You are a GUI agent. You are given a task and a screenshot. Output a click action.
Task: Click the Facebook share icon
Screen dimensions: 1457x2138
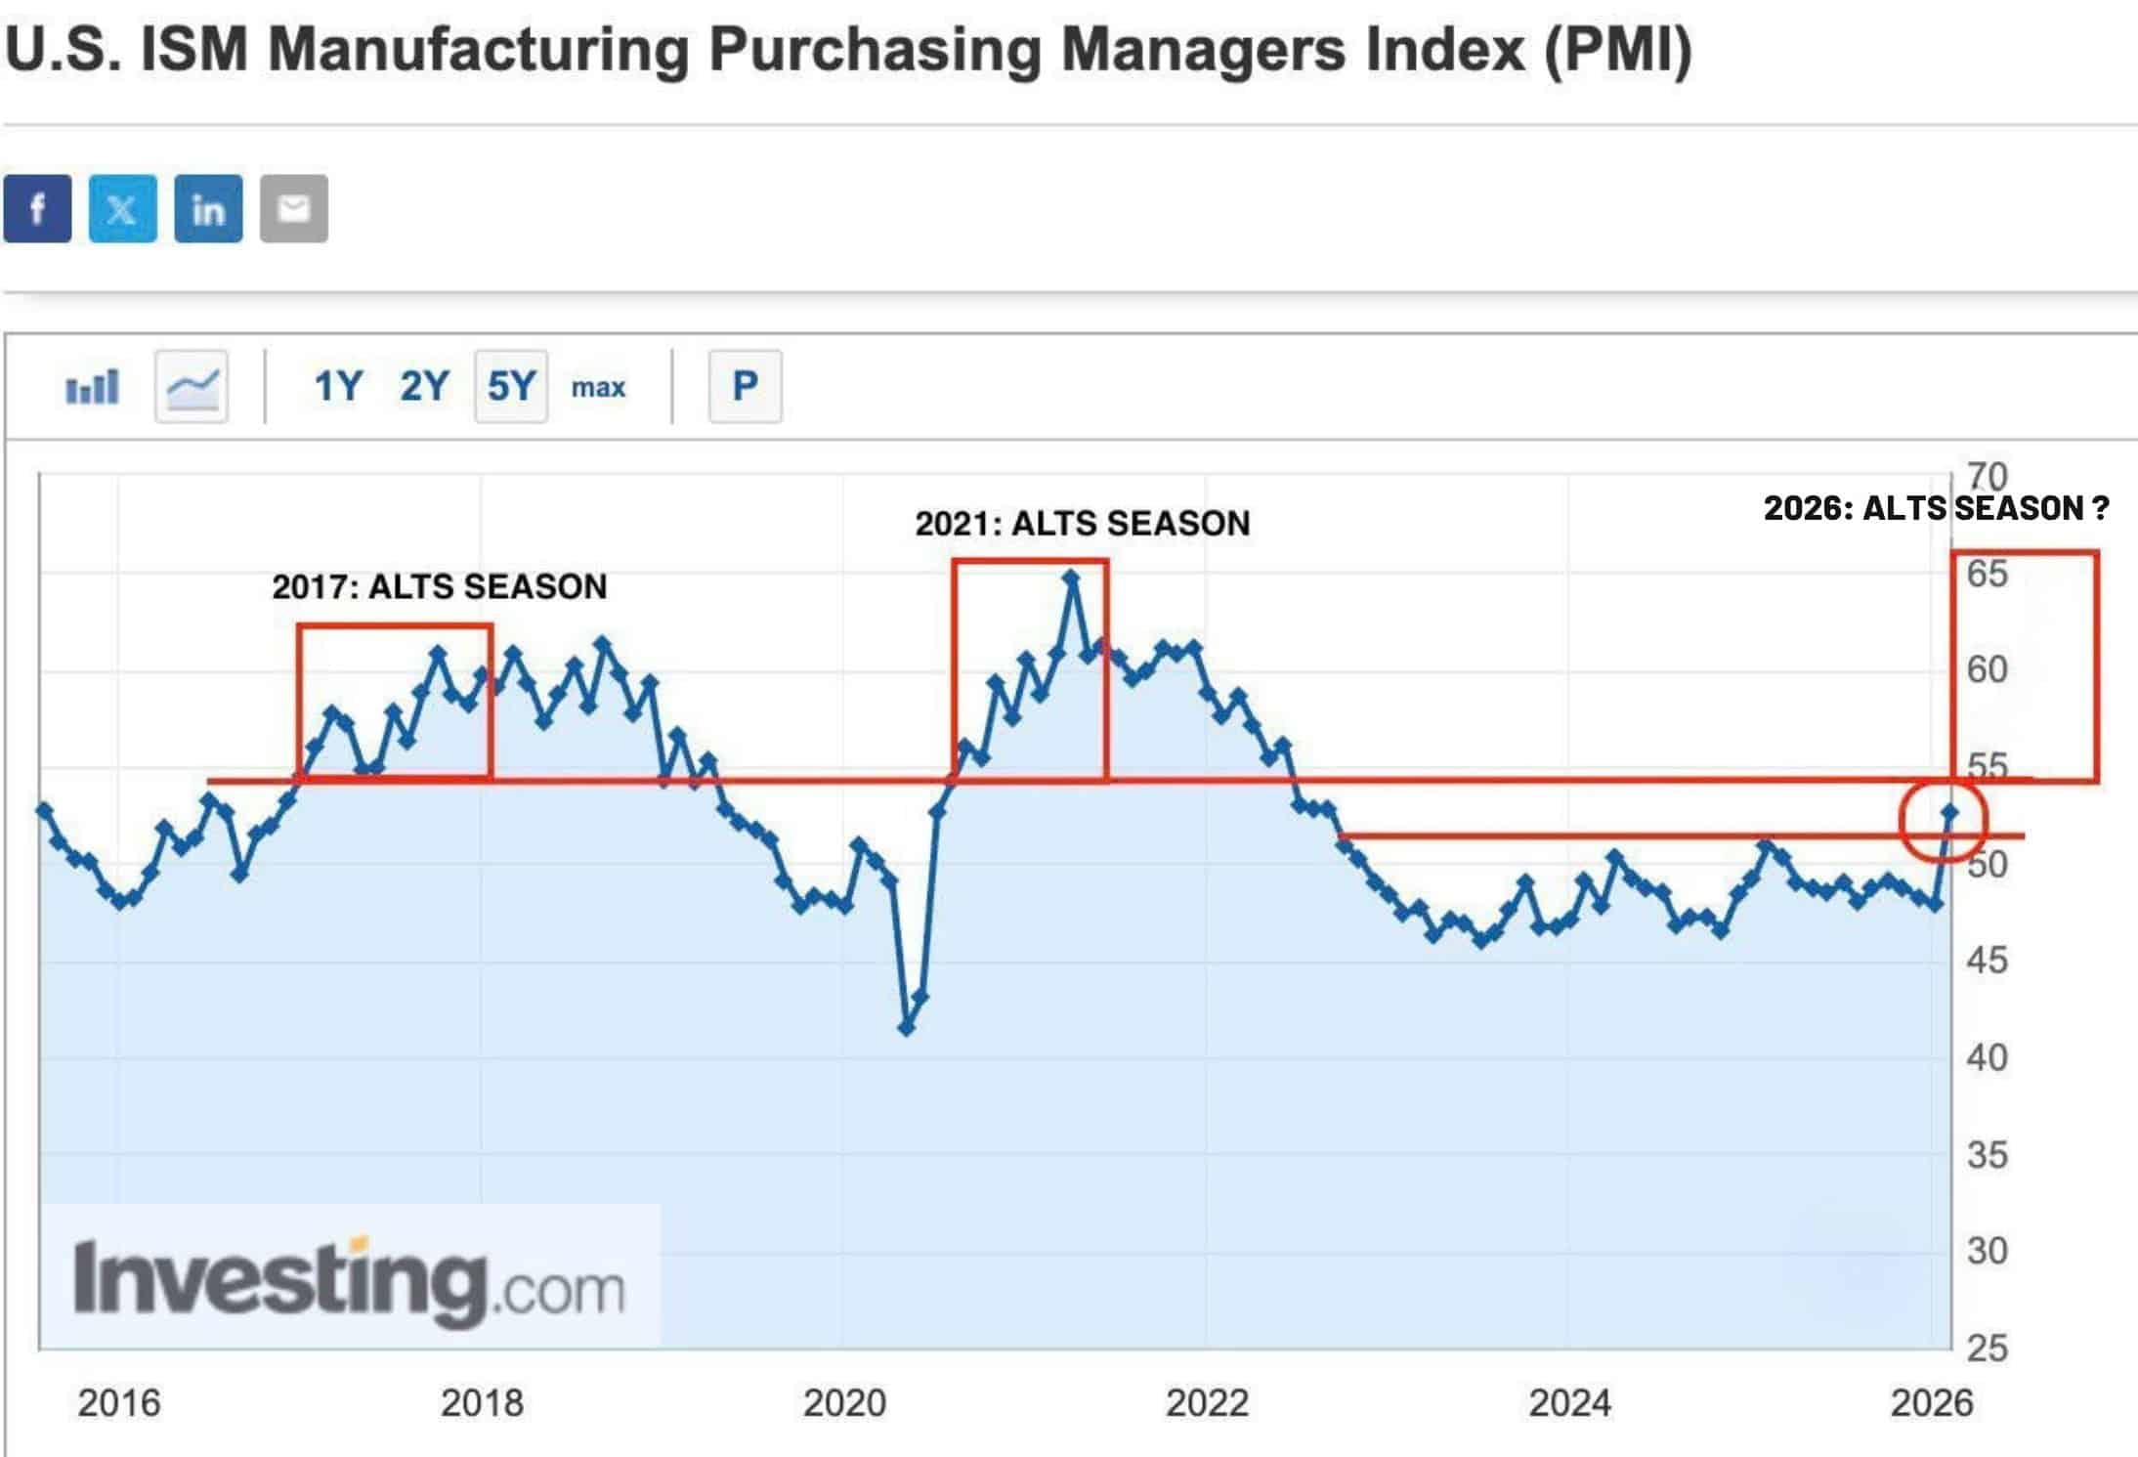point(37,208)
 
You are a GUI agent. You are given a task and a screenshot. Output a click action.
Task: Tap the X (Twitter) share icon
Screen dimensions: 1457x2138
point(122,208)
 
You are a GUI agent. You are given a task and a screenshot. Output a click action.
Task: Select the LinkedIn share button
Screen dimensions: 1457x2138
point(208,208)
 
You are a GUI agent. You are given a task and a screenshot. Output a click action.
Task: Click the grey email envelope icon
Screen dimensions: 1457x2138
point(293,208)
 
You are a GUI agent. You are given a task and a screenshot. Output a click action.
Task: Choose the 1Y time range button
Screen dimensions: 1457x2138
point(338,387)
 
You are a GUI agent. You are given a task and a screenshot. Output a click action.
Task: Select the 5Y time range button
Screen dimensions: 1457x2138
point(510,387)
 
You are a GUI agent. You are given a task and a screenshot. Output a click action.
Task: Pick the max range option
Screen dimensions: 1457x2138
point(598,388)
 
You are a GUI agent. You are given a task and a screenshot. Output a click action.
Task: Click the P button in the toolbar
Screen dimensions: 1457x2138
point(745,387)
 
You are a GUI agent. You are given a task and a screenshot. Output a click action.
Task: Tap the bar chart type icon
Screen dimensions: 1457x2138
point(92,387)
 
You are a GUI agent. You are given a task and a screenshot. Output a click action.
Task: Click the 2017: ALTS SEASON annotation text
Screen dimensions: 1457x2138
point(439,586)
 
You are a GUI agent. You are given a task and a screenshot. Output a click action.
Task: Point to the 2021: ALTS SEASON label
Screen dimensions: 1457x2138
point(1082,524)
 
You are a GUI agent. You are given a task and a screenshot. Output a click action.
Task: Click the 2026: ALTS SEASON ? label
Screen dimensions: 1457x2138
point(1936,508)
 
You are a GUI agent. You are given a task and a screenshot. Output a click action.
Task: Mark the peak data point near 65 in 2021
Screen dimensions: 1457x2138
point(1072,578)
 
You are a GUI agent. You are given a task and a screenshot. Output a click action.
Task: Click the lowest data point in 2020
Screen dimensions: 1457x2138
point(906,1027)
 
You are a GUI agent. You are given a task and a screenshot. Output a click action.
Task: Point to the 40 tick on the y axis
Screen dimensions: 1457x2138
point(1987,1057)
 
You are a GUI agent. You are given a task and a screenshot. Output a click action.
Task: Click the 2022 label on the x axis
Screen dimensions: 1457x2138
point(1207,1403)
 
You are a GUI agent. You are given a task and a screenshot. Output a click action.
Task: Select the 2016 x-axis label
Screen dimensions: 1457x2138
point(119,1403)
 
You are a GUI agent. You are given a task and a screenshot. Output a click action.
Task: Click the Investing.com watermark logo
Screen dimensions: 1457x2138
point(349,1279)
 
